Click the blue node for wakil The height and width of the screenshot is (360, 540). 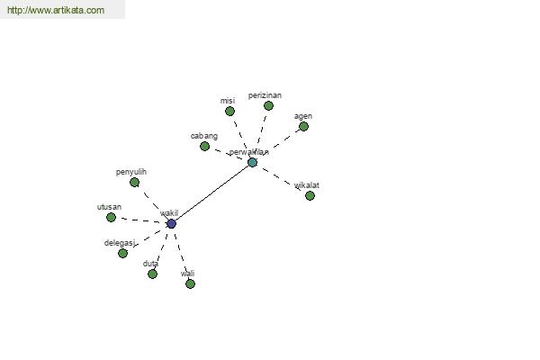pos(172,224)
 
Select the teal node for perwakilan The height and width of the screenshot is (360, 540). pos(252,162)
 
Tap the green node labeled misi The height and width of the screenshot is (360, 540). pos(229,112)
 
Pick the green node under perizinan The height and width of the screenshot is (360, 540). pos(268,106)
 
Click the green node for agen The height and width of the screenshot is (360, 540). pos(303,127)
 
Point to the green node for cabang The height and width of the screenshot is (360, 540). pos(204,147)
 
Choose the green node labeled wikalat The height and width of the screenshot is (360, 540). pos(310,195)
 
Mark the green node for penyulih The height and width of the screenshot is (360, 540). pos(135,182)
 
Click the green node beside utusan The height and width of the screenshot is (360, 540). pos(111,218)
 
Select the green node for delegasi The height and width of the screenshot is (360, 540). pos(122,254)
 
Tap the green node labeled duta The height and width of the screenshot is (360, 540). pos(153,274)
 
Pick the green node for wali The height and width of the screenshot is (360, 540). pos(190,283)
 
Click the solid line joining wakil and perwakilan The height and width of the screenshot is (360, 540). pos(211,193)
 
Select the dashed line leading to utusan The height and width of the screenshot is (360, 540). pos(140,220)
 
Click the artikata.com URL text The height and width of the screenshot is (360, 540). pos(56,10)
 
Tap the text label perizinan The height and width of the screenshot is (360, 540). pos(265,95)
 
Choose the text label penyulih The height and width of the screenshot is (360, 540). pos(131,172)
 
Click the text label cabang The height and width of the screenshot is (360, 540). pos(204,136)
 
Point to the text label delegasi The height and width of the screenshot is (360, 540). pos(120,243)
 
